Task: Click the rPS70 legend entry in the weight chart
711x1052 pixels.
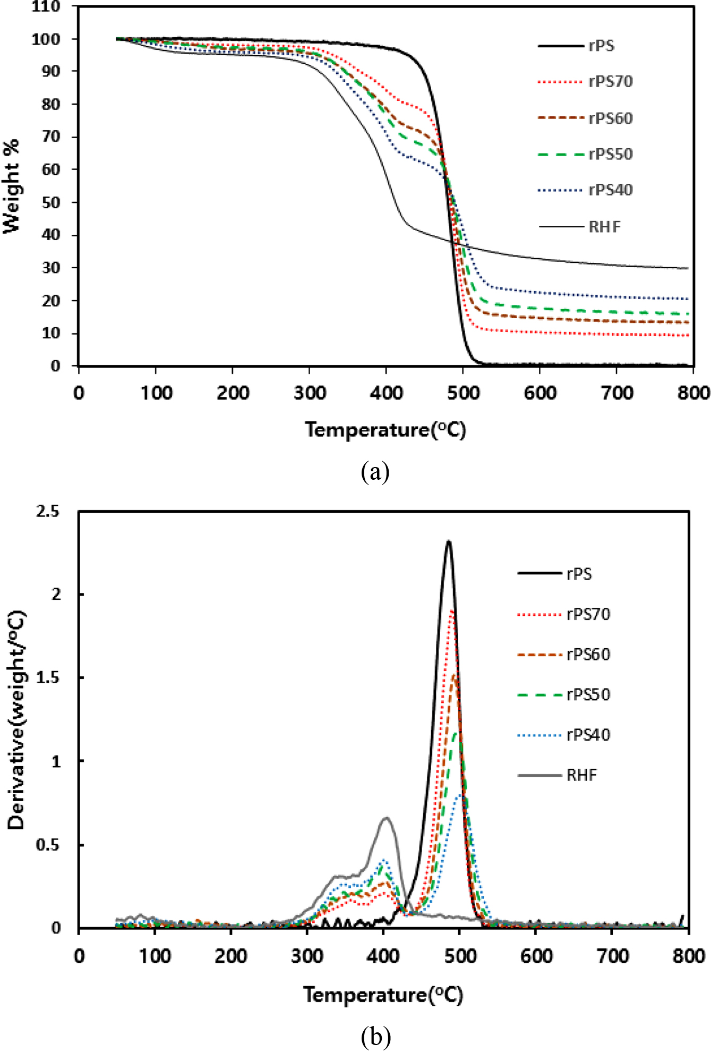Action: [610, 82]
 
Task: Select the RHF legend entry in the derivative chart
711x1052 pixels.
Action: [581, 775]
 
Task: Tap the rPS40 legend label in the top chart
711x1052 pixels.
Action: [610, 190]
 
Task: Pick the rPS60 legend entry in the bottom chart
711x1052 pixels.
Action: [588, 655]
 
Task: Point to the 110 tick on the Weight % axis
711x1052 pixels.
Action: [46, 7]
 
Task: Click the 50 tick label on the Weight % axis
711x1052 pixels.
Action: [50, 202]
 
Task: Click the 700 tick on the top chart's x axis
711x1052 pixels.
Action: [617, 394]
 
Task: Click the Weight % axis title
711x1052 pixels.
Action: [12, 186]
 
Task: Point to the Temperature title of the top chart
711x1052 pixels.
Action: [385, 429]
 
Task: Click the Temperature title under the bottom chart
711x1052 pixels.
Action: [383, 995]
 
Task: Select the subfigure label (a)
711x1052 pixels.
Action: [375, 471]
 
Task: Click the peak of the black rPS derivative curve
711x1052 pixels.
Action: [449, 542]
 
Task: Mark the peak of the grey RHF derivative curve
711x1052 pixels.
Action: [387, 818]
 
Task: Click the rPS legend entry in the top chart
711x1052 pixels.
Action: [601, 46]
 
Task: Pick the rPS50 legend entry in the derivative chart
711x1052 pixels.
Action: [588, 695]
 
